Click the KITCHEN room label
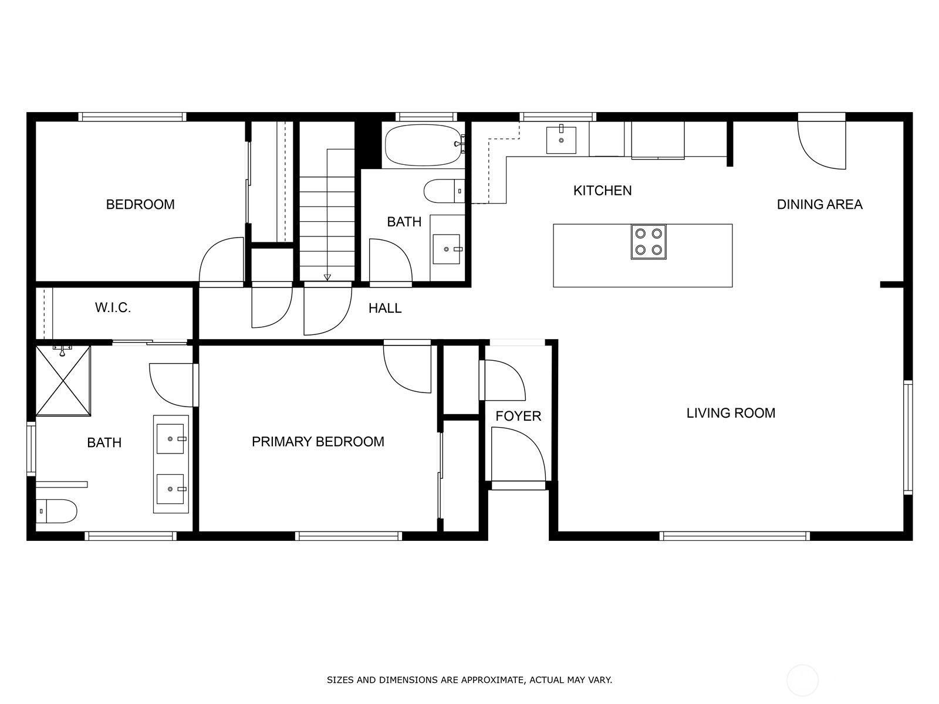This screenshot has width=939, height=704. pyautogui.click(x=602, y=191)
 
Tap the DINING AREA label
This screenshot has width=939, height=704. pyautogui.click(x=819, y=204)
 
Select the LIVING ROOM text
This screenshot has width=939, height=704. pyautogui.click(x=731, y=413)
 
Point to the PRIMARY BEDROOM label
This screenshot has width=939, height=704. pyautogui.click(x=318, y=442)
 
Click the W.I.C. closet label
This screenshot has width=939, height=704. pyautogui.click(x=113, y=307)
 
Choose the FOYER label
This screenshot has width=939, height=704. pyautogui.click(x=518, y=416)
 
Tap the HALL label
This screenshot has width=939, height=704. pyautogui.click(x=385, y=308)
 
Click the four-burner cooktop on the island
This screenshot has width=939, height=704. pyautogui.click(x=648, y=242)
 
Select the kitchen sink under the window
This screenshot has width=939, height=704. pyautogui.click(x=561, y=140)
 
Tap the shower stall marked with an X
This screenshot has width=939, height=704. pyautogui.click(x=63, y=380)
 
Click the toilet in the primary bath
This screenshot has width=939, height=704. pyautogui.click(x=56, y=511)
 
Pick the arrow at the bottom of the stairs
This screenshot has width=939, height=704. pyautogui.click(x=327, y=277)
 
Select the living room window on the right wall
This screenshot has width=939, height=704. pyautogui.click(x=908, y=437)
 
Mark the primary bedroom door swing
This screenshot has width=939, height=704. pyautogui.click(x=407, y=368)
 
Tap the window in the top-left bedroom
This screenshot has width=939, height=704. pyautogui.click(x=132, y=117)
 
